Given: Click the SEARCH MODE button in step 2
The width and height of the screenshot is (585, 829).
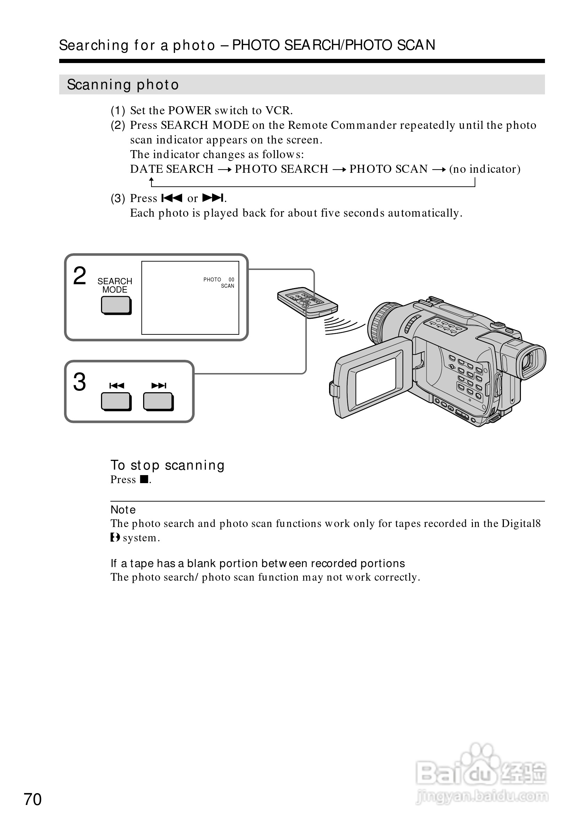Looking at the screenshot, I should click(x=116, y=305).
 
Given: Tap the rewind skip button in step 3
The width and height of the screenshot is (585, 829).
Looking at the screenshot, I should click(x=116, y=402).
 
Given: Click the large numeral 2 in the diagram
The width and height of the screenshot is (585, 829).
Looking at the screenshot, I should click(x=80, y=276).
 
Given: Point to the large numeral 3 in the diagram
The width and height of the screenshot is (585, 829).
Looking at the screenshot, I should click(x=80, y=382).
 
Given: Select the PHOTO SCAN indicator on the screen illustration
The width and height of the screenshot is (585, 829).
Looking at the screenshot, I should click(x=219, y=283).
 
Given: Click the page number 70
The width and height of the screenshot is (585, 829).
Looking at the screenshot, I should click(x=32, y=799).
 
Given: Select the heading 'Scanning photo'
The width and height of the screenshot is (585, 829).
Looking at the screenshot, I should click(x=123, y=85).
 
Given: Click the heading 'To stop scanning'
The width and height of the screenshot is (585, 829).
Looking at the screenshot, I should click(x=167, y=465).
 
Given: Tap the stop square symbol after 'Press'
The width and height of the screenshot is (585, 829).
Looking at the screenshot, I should click(x=144, y=480).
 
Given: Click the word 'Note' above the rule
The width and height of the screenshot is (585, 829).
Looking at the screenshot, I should click(x=123, y=510).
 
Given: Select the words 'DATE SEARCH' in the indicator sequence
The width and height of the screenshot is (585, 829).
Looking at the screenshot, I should click(x=172, y=169).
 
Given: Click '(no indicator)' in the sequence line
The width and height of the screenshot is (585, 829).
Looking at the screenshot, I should click(x=485, y=169).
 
